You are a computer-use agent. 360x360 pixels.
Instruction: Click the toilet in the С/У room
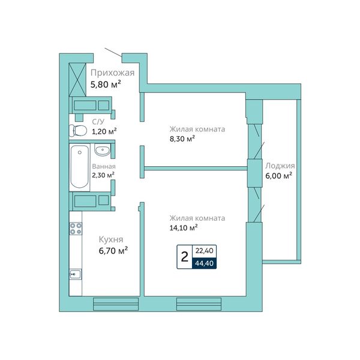tap(78, 131)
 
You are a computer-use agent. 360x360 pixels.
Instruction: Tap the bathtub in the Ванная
tap(79, 167)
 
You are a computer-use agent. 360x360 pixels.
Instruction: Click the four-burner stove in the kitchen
tap(76, 229)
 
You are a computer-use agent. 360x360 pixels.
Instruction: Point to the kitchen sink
tap(76, 274)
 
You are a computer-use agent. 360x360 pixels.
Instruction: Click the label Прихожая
tap(113, 73)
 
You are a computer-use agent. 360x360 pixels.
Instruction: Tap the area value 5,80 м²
tap(106, 85)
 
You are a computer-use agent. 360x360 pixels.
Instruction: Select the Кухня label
tap(111, 239)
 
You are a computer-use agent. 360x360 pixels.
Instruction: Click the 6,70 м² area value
tap(113, 251)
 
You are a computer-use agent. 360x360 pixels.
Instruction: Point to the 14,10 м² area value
tap(184, 228)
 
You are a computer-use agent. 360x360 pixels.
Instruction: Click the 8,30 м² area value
tap(182, 139)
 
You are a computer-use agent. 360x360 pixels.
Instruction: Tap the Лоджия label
tap(280, 166)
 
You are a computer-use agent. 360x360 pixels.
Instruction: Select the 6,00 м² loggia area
tap(279, 176)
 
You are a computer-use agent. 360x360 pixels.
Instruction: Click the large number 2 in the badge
tap(185, 257)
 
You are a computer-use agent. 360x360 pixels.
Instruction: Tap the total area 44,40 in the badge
tap(205, 263)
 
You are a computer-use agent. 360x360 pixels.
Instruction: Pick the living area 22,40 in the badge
tap(205, 251)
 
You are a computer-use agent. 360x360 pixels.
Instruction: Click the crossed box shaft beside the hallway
tap(77, 80)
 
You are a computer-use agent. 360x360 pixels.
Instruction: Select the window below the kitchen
tap(116, 304)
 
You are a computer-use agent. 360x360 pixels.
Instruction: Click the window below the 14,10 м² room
tap(199, 304)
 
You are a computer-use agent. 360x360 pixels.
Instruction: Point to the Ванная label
tap(104, 166)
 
